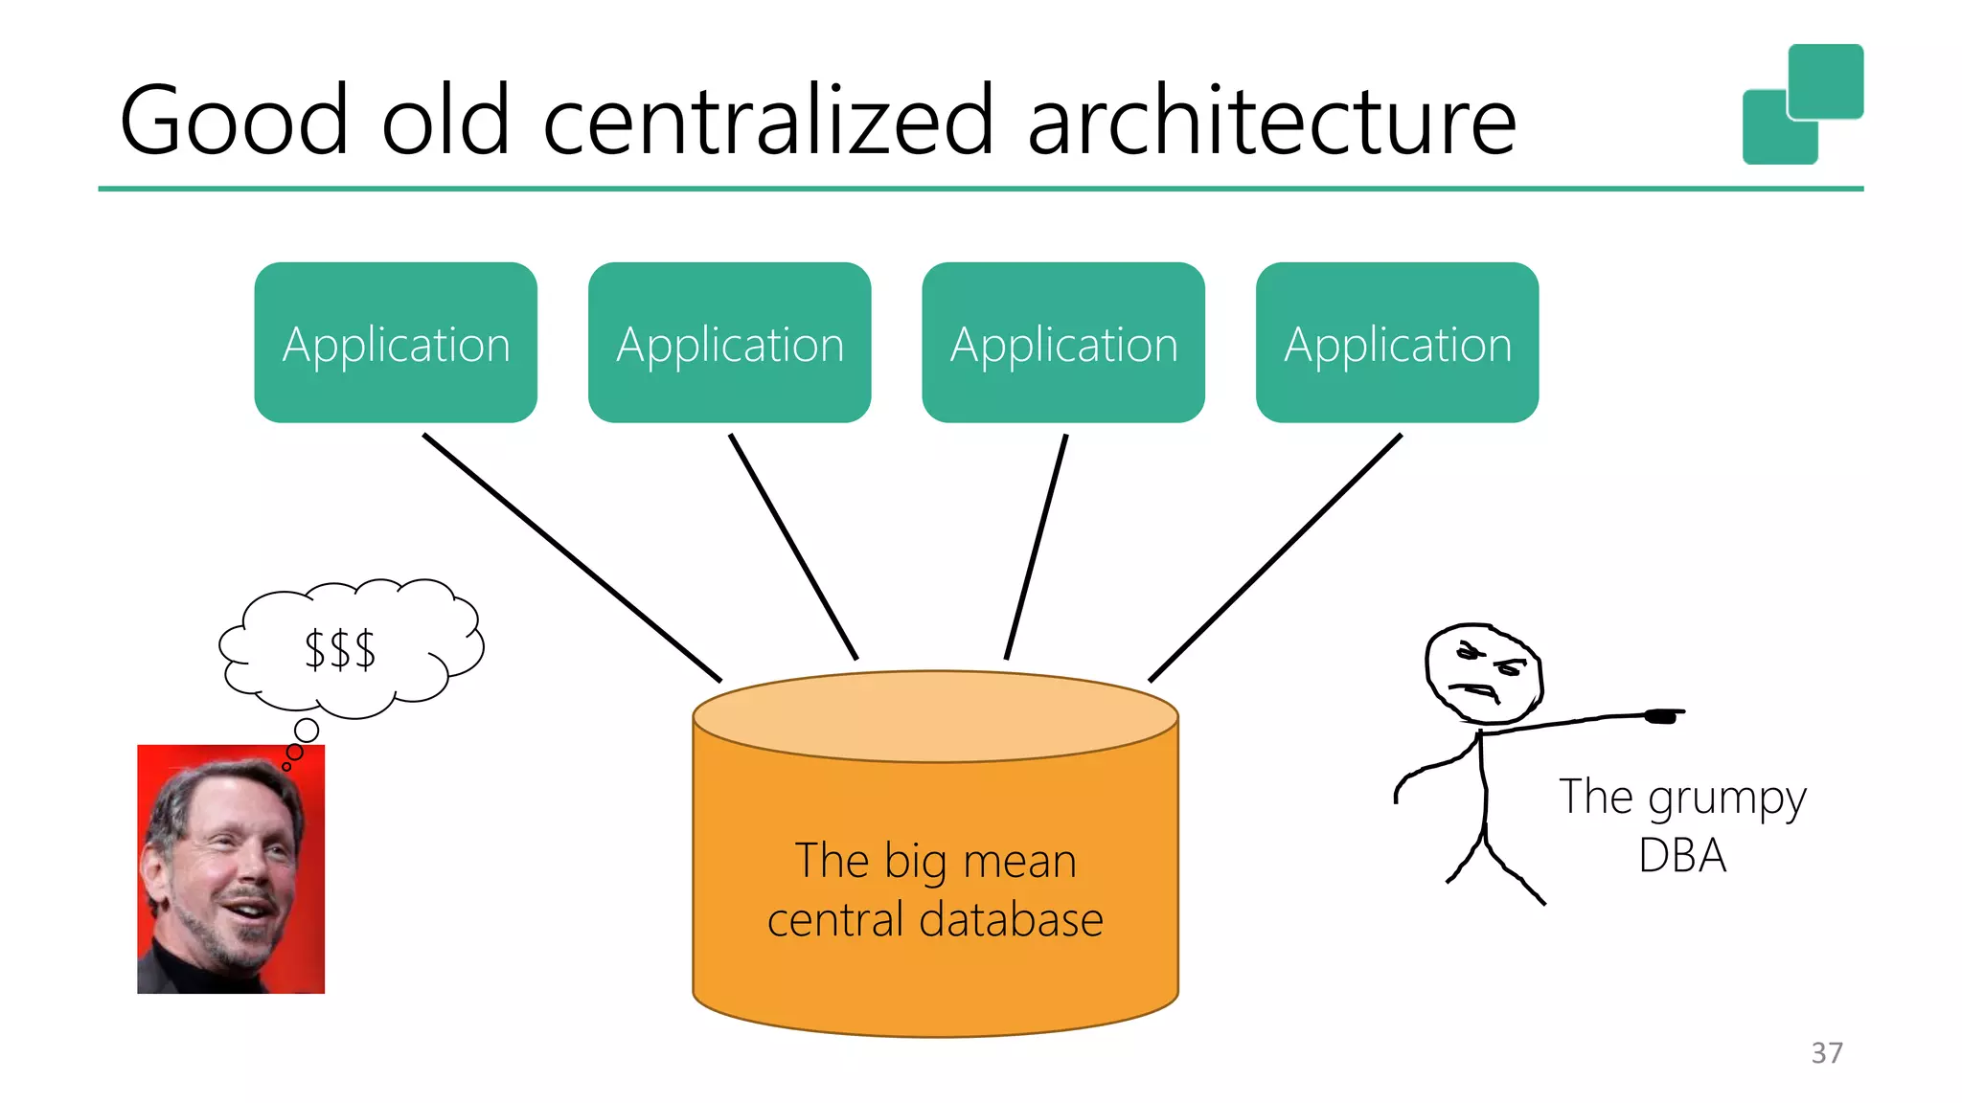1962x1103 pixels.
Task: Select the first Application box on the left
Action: (x=396, y=343)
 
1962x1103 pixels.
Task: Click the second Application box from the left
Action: (x=729, y=343)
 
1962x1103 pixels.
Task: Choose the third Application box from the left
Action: (x=1063, y=343)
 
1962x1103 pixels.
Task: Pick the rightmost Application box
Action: (x=1397, y=343)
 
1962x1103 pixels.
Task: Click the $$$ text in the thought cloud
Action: (x=340, y=650)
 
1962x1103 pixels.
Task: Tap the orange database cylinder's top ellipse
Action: (x=935, y=716)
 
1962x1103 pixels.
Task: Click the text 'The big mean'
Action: (x=935, y=860)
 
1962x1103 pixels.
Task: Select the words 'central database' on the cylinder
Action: (x=935, y=920)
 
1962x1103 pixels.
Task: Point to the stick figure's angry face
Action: (x=1483, y=673)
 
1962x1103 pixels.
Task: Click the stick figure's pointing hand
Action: (x=1663, y=715)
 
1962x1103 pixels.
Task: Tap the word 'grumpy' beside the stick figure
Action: (x=1726, y=799)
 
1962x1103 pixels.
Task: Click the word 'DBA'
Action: (x=1682, y=855)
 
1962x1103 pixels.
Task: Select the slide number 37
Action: (x=1826, y=1052)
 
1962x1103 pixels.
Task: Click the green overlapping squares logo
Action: (x=1802, y=103)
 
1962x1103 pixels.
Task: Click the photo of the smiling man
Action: (x=231, y=868)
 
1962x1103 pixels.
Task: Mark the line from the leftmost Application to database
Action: (x=572, y=557)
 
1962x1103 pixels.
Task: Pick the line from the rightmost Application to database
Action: (x=1275, y=557)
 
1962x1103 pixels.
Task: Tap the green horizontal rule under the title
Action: (x=980, y=189)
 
